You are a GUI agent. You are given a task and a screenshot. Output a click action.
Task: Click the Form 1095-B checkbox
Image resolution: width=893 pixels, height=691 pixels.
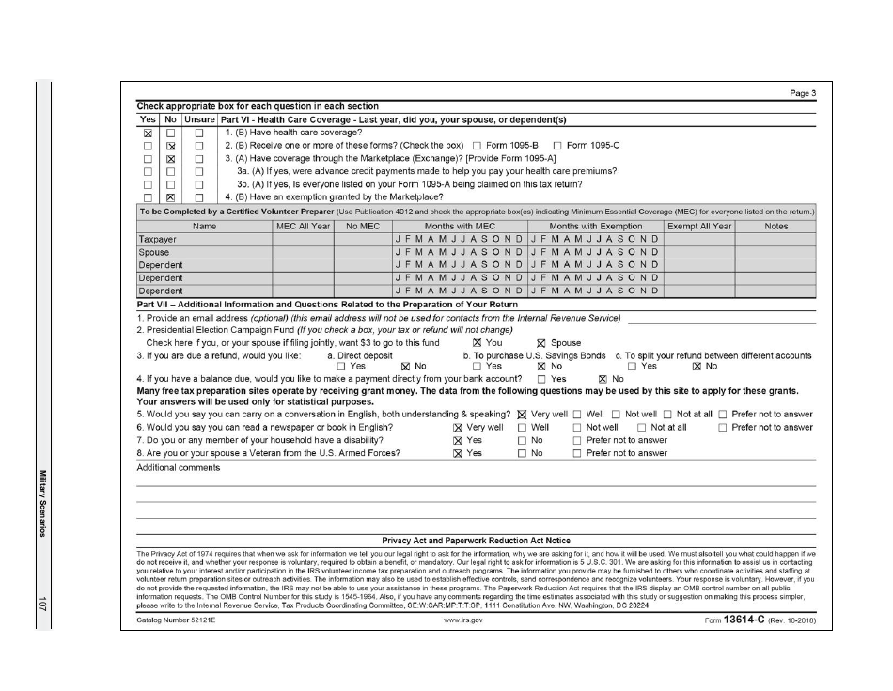click(x=477, y=146)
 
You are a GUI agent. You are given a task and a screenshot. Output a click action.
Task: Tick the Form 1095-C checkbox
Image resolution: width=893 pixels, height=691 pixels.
click(x=557, y=146)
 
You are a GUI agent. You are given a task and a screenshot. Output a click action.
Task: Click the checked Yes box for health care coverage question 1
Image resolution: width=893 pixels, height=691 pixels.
click(x=148, y=133)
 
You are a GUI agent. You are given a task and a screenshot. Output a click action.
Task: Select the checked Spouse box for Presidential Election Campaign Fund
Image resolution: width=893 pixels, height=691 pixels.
click(x=540, y=343)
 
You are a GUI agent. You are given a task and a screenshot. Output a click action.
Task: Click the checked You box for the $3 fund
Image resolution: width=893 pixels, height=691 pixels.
click(x=477, y=343)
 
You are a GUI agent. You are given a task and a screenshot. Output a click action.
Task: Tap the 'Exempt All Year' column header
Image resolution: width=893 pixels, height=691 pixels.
click(x=698, y=227)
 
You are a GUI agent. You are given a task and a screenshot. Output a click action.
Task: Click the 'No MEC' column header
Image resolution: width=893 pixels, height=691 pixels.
click(x=363, y=227)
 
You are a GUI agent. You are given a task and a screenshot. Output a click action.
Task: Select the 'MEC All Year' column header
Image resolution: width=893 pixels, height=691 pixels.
click(x=303, y=227)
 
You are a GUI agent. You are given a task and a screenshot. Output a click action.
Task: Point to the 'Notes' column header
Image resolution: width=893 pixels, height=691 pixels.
click(x=776, y=227)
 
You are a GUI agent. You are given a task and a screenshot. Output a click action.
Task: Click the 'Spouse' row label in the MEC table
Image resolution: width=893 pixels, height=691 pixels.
click(x=154, y=253)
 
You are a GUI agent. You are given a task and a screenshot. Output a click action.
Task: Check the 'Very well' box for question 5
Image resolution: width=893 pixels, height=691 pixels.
click(x=522, y=414)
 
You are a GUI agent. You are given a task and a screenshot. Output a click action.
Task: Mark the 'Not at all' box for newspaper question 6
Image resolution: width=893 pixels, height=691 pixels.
click(x=642, y=427)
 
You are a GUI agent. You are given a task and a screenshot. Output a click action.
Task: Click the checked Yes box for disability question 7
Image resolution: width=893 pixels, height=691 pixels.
click(x=458, y=440)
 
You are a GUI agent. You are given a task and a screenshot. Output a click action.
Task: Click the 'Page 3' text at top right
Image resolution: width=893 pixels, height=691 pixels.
click(x=800, y=93)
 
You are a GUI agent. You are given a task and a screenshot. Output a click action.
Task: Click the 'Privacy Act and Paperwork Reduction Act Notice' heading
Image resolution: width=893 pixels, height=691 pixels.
click(x=476, y=541)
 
